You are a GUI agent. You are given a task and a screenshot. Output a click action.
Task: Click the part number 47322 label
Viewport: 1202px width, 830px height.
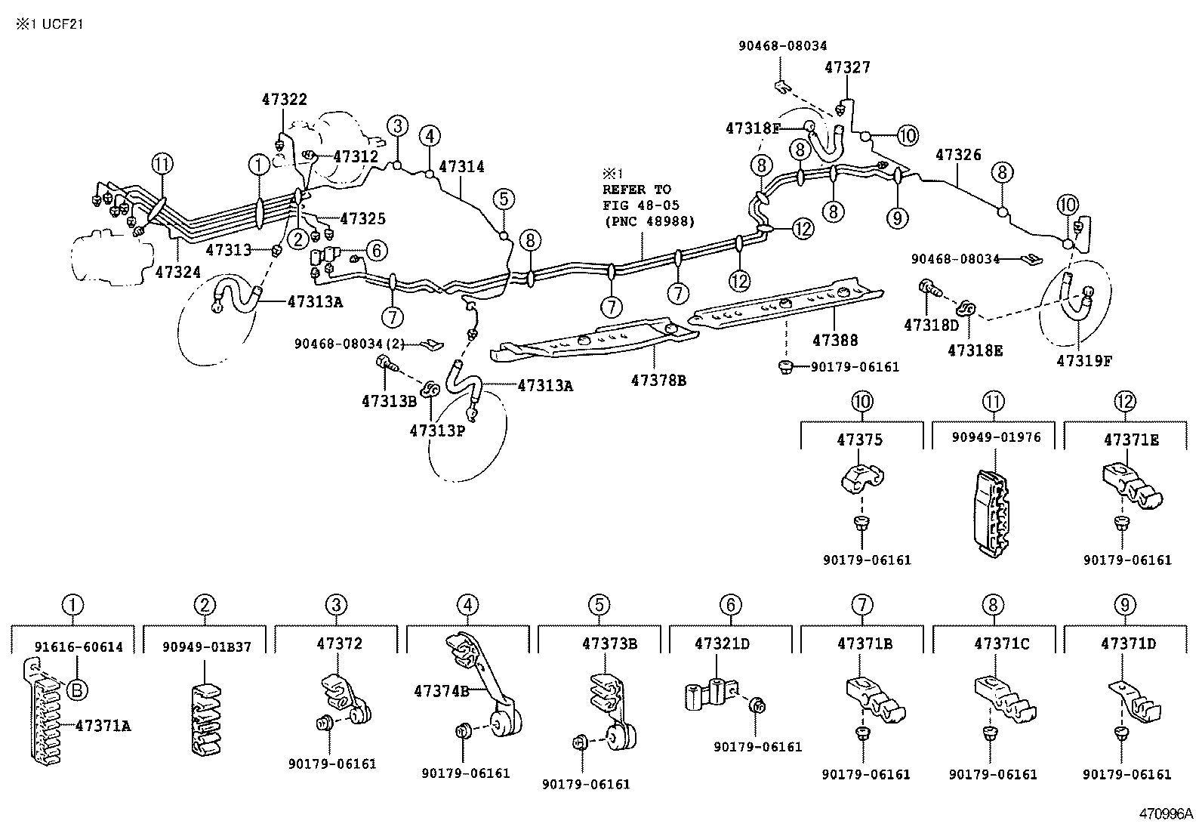tap(285, 99)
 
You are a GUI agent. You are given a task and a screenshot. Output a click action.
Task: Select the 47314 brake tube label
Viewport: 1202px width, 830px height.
tap(461, 167)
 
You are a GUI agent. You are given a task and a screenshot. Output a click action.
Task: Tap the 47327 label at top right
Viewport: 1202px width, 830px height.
tap(847, 67)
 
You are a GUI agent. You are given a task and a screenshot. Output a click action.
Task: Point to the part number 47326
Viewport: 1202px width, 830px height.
tap(958, 155)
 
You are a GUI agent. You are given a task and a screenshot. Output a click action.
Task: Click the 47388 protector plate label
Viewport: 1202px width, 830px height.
tap(835, 341)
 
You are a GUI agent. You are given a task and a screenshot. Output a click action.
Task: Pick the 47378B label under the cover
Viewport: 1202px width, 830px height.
tap(658, 381)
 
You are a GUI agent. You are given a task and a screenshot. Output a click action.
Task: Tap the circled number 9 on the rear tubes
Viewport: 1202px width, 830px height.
tap(897, 218)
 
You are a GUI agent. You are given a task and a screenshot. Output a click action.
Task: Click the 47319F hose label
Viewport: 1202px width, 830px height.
tap(1084, 361)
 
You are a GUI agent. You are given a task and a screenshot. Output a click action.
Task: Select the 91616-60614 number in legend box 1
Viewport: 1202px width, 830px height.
tap(79, 647)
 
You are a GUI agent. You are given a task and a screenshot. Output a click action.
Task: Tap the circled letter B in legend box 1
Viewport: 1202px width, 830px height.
tap(78, 689)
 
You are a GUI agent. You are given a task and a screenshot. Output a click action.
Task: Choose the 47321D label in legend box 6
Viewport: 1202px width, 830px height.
tap(722, 644)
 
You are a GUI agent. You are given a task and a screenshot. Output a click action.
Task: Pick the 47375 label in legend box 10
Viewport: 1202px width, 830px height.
tap(859, 440)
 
